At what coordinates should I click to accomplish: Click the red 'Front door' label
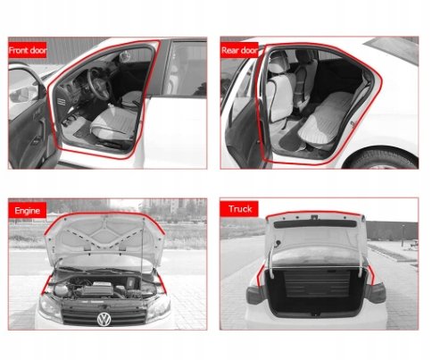click(x=28, y=50)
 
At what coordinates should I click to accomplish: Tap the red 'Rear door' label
click(x=239, y=50)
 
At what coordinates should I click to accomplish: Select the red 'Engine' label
click(x=28, y=210)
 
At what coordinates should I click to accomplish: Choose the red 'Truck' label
click(x=239, y=209)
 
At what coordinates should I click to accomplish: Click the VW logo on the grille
click(x=104, y=319)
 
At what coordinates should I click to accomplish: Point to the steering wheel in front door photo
click(x=99, y=84)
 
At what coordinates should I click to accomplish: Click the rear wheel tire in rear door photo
click(x=386, y=159)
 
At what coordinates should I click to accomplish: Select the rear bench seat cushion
click(x=323, y=119)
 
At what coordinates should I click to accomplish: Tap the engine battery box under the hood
click(x=96, y=289)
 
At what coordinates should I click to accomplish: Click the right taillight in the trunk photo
click(x=376, y=292)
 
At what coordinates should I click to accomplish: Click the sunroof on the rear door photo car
click(x=393, y=49)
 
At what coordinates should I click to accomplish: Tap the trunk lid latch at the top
click(x=314, y=217)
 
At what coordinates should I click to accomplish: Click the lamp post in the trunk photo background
click(x=403, y=235)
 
